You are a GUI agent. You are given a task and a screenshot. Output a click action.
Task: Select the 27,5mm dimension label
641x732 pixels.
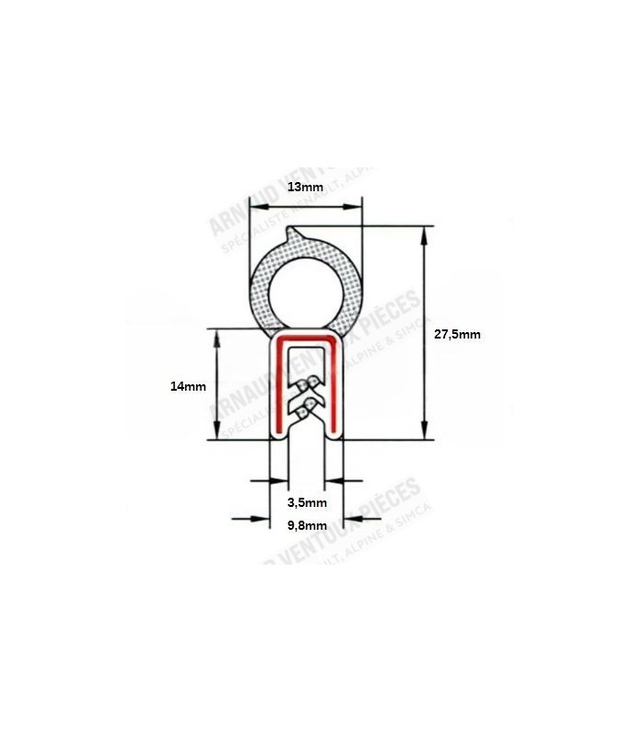456,335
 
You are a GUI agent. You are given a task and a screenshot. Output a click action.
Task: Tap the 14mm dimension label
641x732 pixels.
189,386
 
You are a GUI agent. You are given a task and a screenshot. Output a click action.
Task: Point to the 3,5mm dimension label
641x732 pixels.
307,502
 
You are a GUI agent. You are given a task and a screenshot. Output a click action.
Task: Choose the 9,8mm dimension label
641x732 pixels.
307,525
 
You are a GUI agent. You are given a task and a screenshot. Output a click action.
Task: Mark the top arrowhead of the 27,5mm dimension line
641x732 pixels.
425,234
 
